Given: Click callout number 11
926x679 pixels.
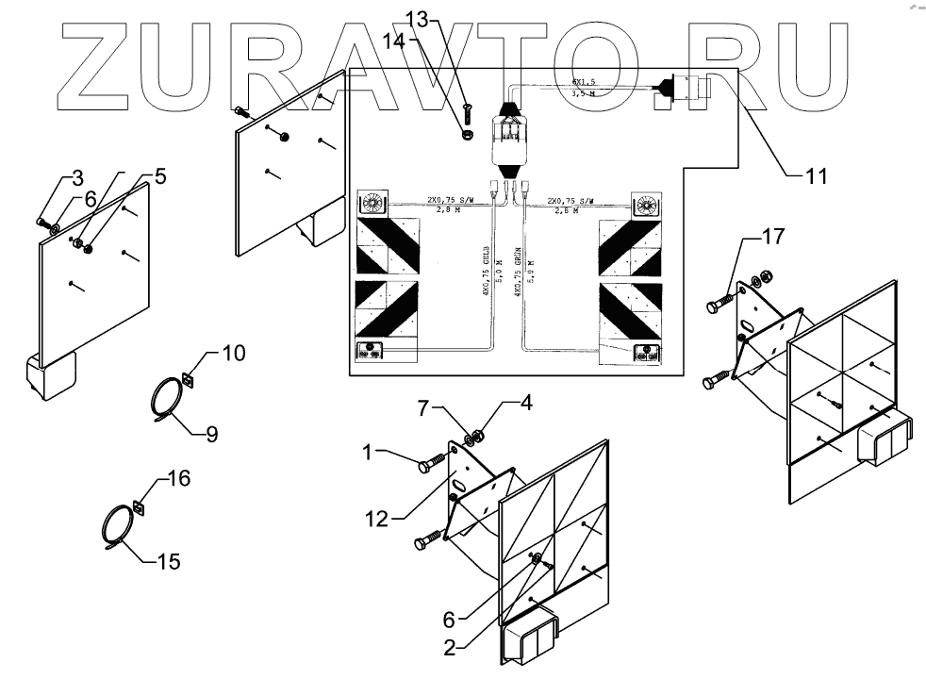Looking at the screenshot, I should point(814,174).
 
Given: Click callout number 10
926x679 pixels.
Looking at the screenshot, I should point(235,354).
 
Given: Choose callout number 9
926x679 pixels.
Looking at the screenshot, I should point(211,435).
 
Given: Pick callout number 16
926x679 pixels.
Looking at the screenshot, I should point(178,479).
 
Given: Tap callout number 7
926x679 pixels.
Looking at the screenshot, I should point(424,406).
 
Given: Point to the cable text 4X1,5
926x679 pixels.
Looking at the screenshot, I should point(584,82).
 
